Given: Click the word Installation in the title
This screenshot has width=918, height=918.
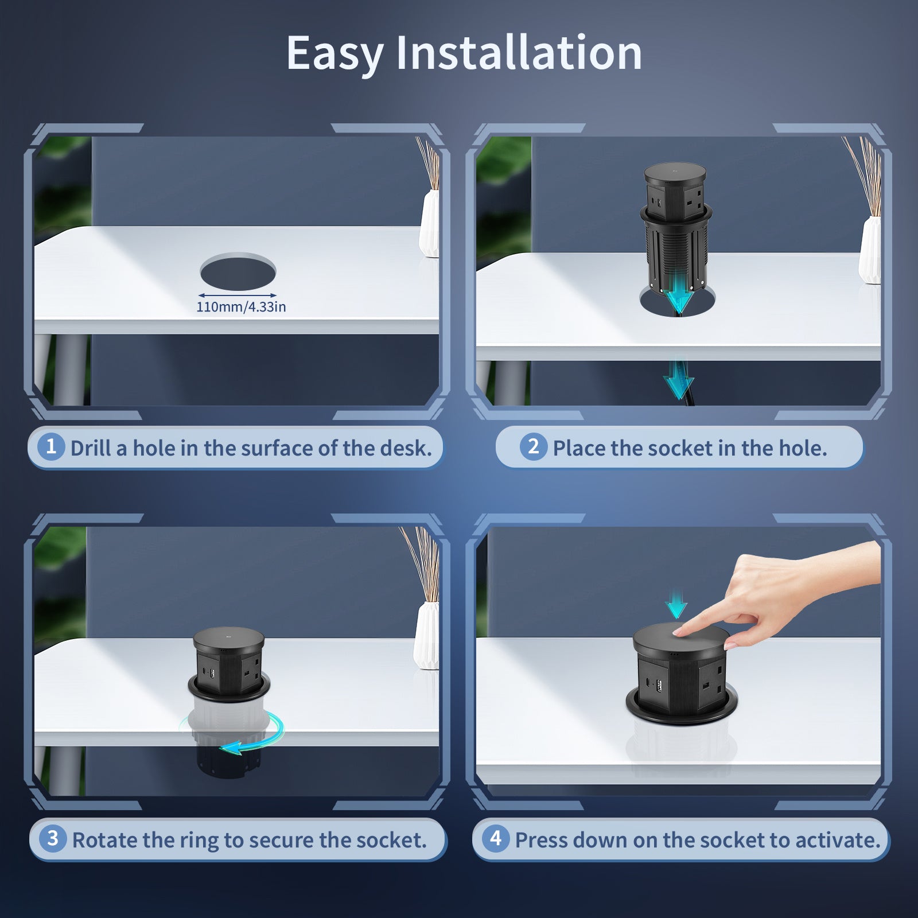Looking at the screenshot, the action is [x=519, y=53].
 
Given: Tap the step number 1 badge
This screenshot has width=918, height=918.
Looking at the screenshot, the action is [x=51, y=446].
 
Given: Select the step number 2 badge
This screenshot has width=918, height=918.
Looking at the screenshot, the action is [x=534, y=446].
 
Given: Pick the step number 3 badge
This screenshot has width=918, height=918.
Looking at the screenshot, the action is [x=53, y=839].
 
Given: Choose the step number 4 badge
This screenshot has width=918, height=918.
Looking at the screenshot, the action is [x=496, y=839].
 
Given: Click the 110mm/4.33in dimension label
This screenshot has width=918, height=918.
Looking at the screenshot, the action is [x=241, y=307].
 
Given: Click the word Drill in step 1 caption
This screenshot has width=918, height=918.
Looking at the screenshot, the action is [x=91, y=448].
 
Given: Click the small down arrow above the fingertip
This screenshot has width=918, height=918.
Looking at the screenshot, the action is [x=677, y=605].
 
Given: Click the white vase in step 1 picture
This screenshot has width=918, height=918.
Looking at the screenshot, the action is [x=430, y=224].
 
